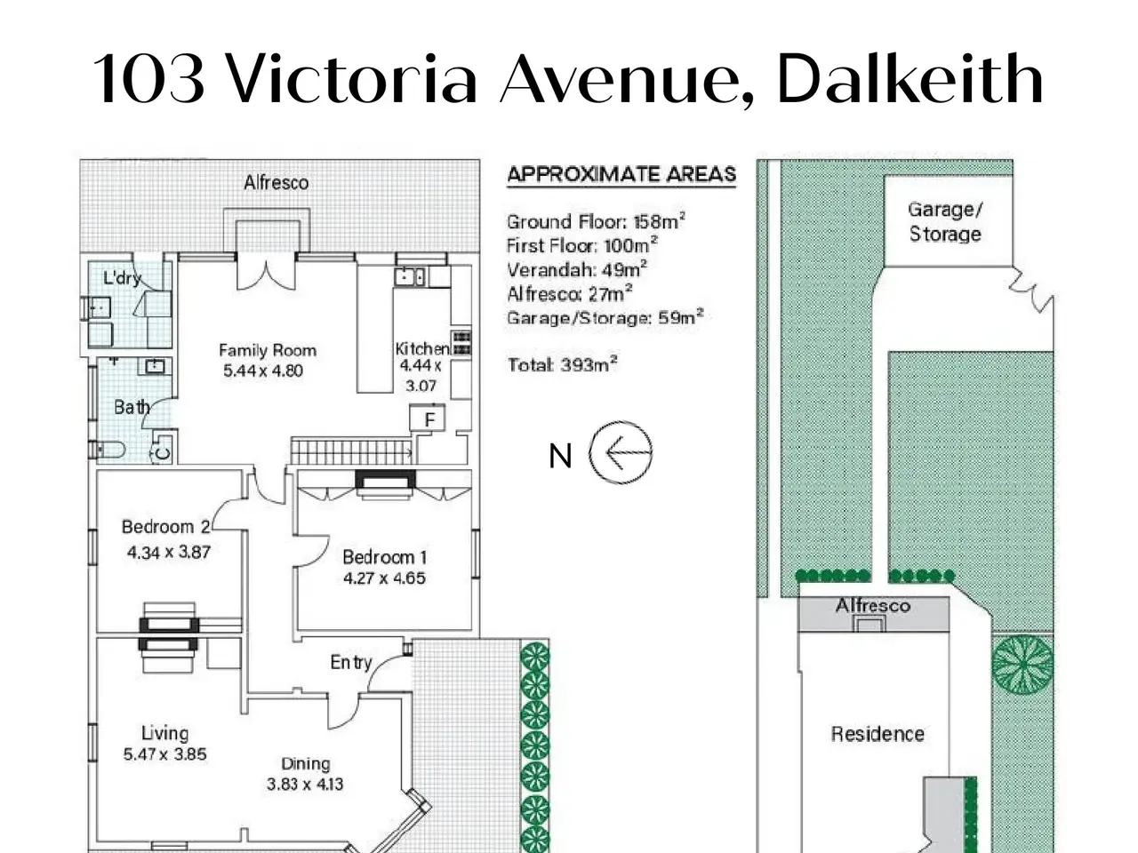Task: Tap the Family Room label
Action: coord(268,351)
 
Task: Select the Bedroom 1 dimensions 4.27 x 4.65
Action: coord(384,578)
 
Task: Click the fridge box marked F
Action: coord(428,418)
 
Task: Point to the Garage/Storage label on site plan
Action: coord(945,221)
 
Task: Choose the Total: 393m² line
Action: coord(563,364)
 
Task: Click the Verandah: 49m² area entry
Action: coord(577,269)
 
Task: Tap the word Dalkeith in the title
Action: coord(910,79)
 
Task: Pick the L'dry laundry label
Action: coord(122,278)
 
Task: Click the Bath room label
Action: coord(132,407)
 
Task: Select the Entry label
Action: coord(351,663)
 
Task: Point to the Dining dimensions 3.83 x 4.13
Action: coord(305,784)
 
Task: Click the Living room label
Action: coord(164,733)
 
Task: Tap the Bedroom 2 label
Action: coord(166,527)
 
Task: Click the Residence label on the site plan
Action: coord(878,734)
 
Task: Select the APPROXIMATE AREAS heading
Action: coord(621,174)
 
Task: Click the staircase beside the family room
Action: coord(352,451)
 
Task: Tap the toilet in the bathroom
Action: coord(108,450)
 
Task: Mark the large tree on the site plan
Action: coord(1022,665)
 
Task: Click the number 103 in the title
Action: coord(148,79)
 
